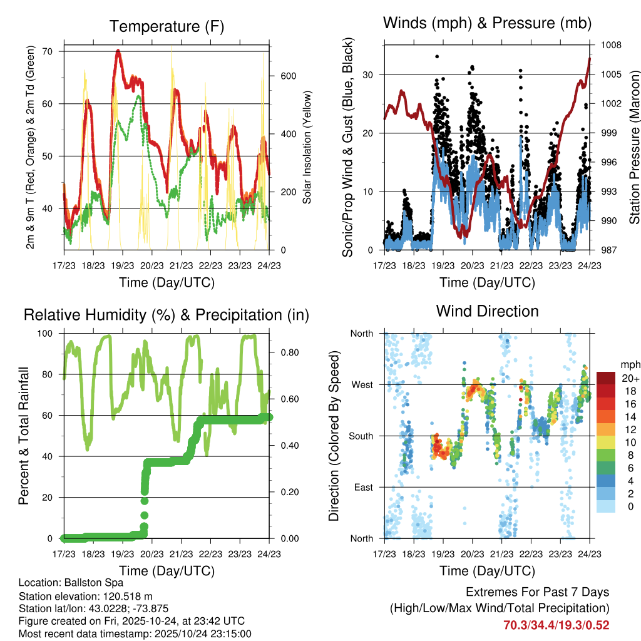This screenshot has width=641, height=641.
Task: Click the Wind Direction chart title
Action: click(487, 310)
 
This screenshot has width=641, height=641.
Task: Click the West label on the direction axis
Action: click(361, 385)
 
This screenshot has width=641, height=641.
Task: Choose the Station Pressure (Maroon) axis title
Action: click(633, 148)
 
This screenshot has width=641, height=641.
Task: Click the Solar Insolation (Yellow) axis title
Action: click(307, 148)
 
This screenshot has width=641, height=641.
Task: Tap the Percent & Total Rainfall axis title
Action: click(23, 436)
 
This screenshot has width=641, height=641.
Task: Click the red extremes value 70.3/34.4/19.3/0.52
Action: click(556, 625)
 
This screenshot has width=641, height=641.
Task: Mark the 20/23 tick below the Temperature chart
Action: click(151, 265)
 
